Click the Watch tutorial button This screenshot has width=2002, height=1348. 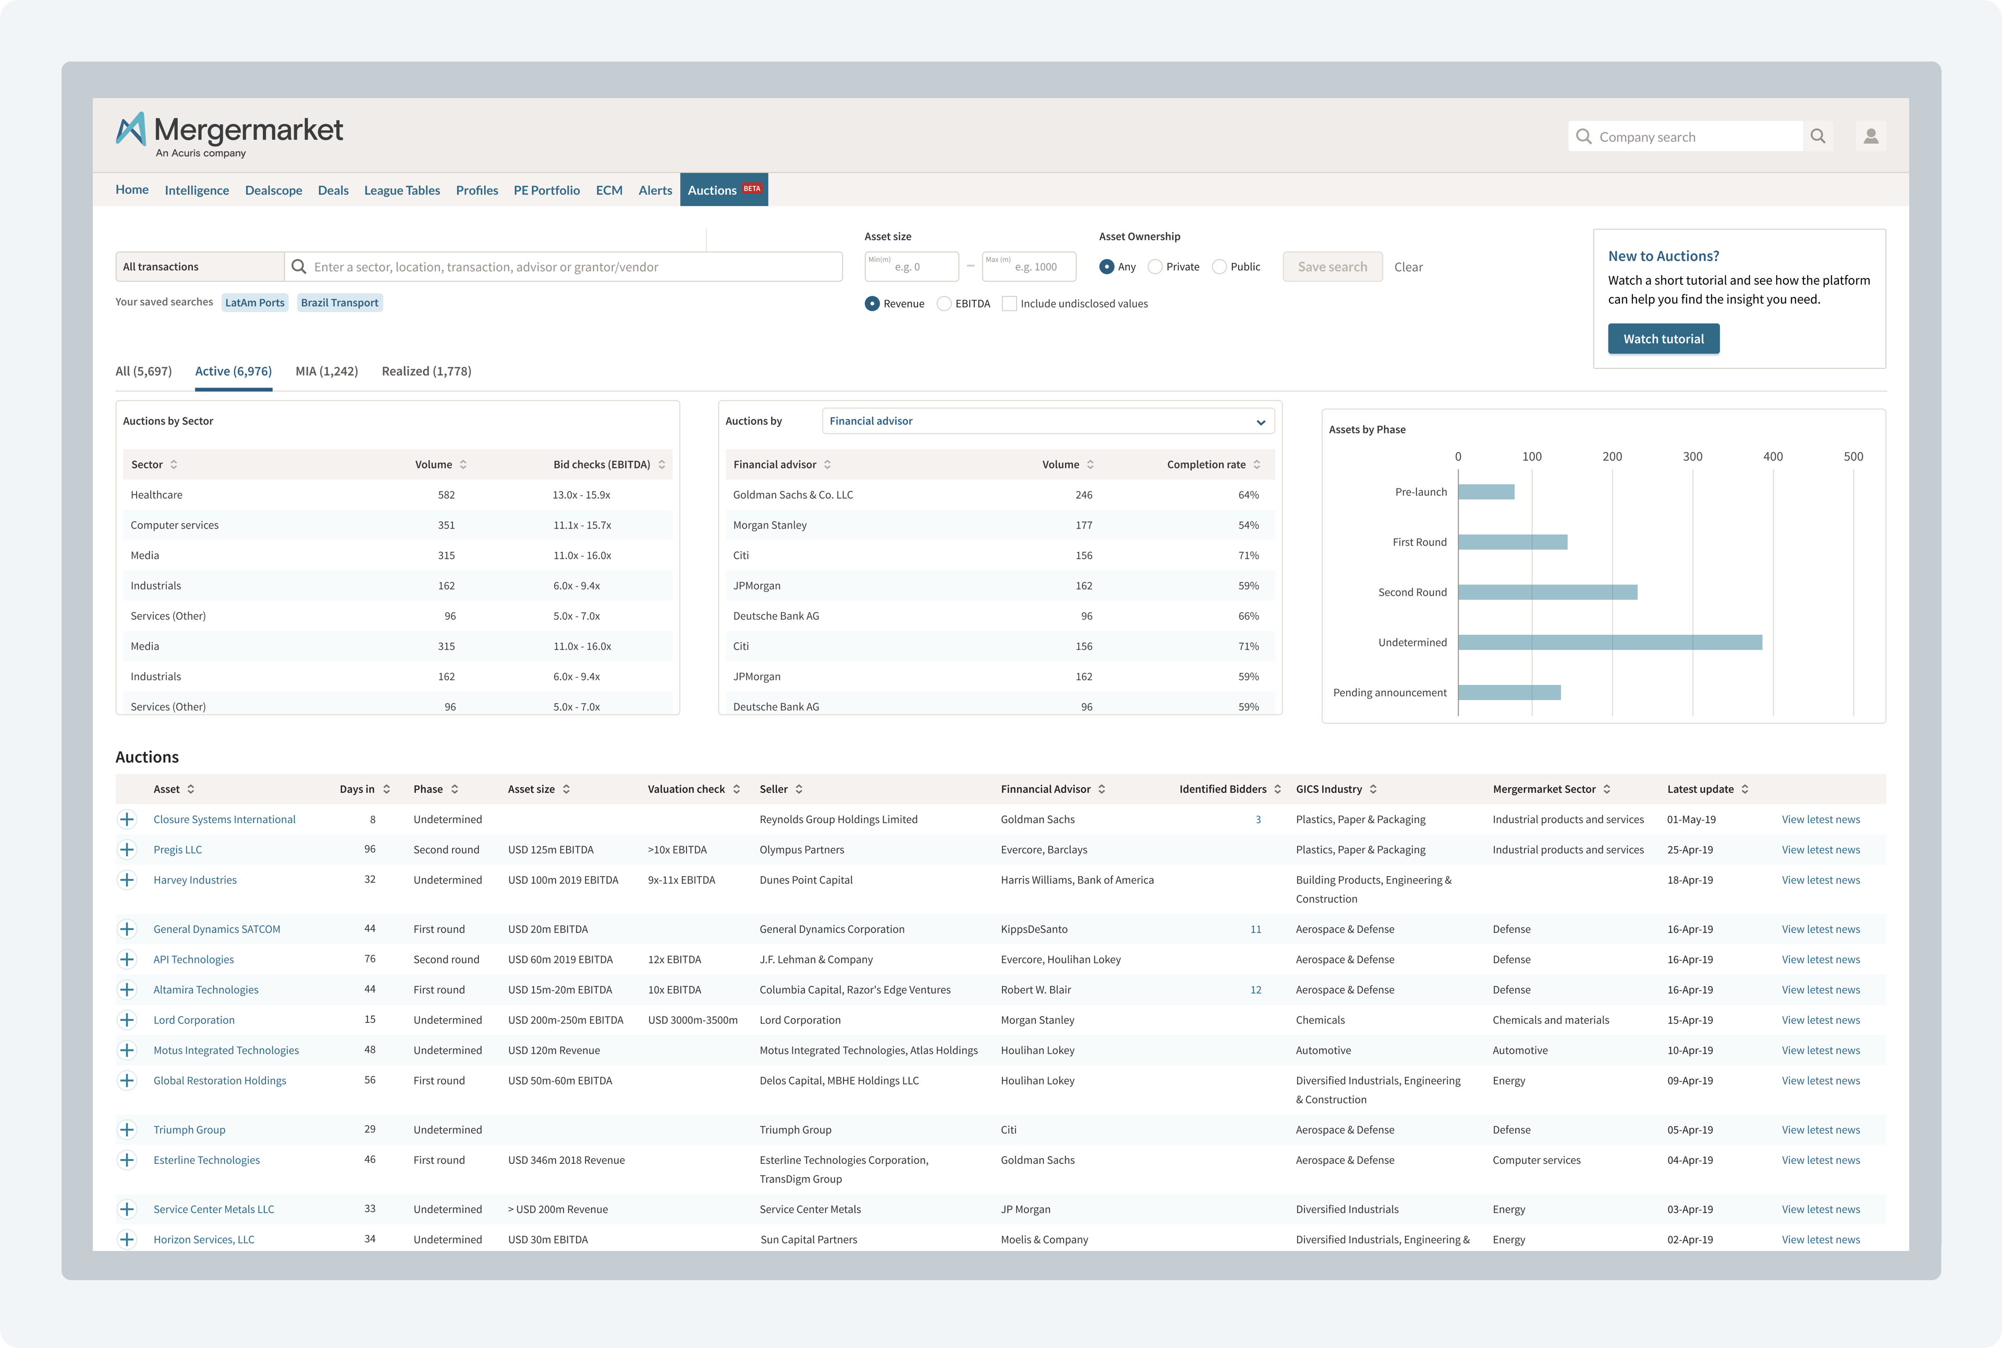[x=1663, y=339]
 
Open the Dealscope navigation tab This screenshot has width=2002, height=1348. [x=273, y=190]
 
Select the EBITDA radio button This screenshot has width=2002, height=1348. [x=944, y=304]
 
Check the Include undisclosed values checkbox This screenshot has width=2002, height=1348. [x=1009, y=304]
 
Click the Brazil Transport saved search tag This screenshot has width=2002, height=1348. [x=339, y=303]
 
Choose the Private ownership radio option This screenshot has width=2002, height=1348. [x=1156, y=267]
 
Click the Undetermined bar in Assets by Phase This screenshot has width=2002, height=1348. [x=1609, y=642]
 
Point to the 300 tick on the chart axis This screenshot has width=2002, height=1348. [x=1692, y=456]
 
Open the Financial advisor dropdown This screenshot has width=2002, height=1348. [x=1047, y=422]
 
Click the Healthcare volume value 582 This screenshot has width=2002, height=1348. [x=446, y=495]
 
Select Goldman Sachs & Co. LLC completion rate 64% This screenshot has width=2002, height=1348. [x=1248, y=495]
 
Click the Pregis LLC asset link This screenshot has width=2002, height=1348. [x=178, y=849]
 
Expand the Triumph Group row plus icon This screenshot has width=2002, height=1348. [x=127, y=1129]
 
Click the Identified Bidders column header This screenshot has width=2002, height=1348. [x=1222, y=789]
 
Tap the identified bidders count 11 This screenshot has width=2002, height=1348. [x=1255, y=929]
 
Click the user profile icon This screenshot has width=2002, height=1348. [x=1871, y=136]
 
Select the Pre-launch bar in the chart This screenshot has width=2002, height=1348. [x=1486, y=492]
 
